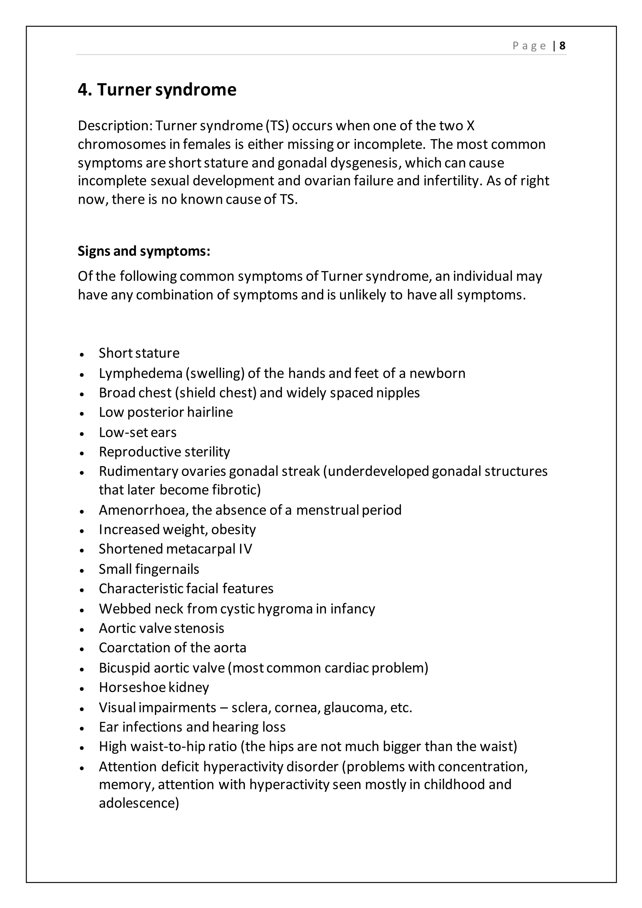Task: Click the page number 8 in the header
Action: coord(562,46)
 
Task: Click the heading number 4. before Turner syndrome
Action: coord(85,90)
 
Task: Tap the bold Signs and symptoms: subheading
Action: coord(144,251)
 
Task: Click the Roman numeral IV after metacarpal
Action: coord(245,549)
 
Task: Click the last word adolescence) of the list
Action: coord(139,803)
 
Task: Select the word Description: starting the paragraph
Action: coord(115,126)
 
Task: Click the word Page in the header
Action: coord(529,46)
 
